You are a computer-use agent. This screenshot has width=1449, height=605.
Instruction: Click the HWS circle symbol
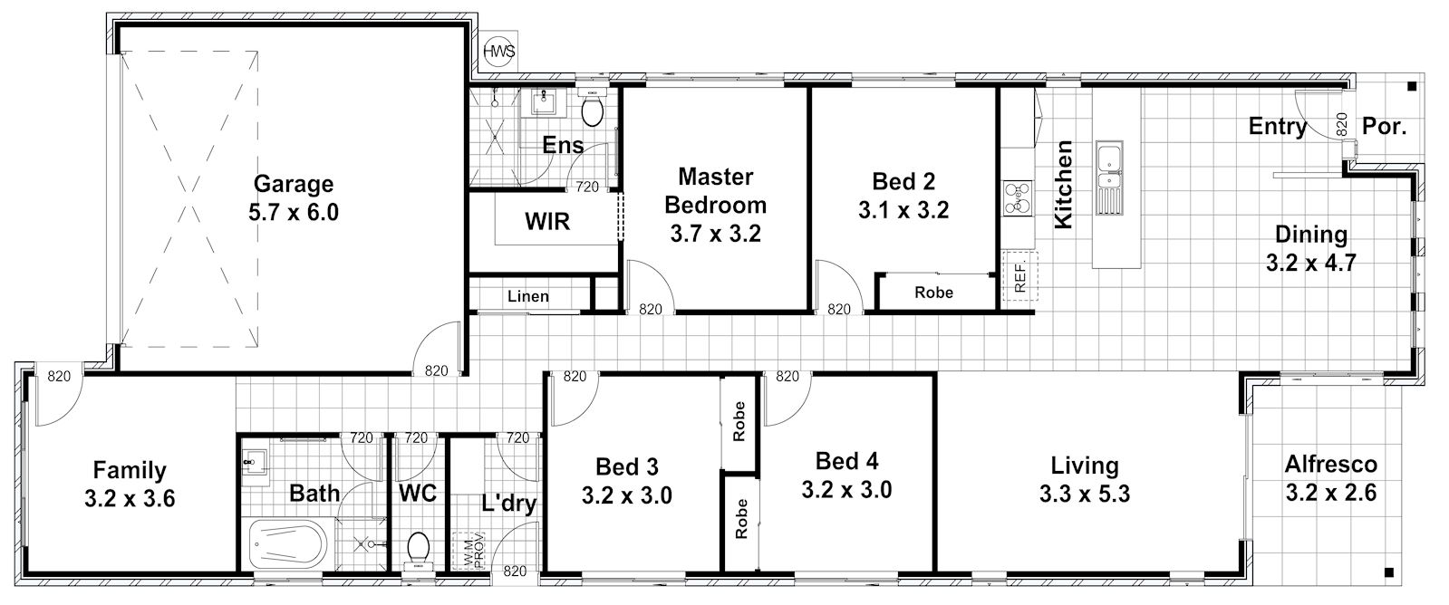(x=499, y=51)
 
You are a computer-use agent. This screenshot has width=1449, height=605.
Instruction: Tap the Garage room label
(x=294, y=184)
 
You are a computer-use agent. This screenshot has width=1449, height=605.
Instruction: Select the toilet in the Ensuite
(x=592, y=110)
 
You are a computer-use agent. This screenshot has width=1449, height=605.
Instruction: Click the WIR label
(x=547, y=222)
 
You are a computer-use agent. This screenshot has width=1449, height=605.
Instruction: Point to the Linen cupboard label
(x=527, y=297)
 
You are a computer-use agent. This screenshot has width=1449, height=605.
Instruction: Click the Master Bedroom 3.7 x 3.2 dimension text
(x=716, y=234)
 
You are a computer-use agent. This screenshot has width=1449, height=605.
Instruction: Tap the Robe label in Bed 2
(x=933, y=293)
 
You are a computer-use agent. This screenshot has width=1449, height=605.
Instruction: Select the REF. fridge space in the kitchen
(x=1019, y=276)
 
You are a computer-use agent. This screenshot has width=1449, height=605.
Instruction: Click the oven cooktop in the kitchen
(x=1018, y=197)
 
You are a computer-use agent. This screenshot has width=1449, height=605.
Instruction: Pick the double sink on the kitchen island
(x=1109, y=178)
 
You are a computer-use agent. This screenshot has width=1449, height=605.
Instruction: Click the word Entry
(x=1277, y=126)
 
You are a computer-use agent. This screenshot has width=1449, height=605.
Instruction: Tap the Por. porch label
(x=1385, y=126)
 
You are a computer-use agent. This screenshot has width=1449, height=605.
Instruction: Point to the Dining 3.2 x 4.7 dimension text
(x=1310, y=263)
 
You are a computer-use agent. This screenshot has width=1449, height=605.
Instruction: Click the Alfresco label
(x=1330, y=464)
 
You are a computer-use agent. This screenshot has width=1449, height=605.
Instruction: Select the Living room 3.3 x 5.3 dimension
(x=1085, y=494)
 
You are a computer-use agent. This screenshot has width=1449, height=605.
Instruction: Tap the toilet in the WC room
(x=418, y=550)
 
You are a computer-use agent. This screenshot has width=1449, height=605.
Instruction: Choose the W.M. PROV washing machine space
(x=469, y=551)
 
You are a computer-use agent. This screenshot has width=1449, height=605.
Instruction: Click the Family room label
(x=130, y=471)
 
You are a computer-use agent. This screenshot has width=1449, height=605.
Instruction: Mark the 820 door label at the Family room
(x=59, y=376)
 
